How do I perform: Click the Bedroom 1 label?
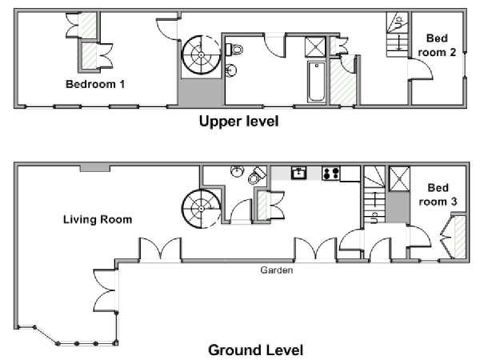[95, 84]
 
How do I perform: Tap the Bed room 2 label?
[437, 46]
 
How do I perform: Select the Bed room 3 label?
[438, 194]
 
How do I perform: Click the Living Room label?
[98, 219]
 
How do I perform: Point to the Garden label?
[277, 270]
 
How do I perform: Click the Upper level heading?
[238, 122]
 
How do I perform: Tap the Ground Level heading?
[256, 350]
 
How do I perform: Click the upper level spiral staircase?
[201, 55]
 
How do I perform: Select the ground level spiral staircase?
[201, 209]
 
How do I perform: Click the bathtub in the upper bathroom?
[317, 82]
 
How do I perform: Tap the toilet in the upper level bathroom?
[234, 50]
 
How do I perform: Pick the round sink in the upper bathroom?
[231, 70]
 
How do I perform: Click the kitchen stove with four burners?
[330, 174]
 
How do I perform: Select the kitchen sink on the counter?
[298, 173]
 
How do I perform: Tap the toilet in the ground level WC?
[257, 175]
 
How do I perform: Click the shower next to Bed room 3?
[399, 178]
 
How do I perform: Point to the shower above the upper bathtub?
[315, 47]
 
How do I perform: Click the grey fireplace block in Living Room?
[95, 168]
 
